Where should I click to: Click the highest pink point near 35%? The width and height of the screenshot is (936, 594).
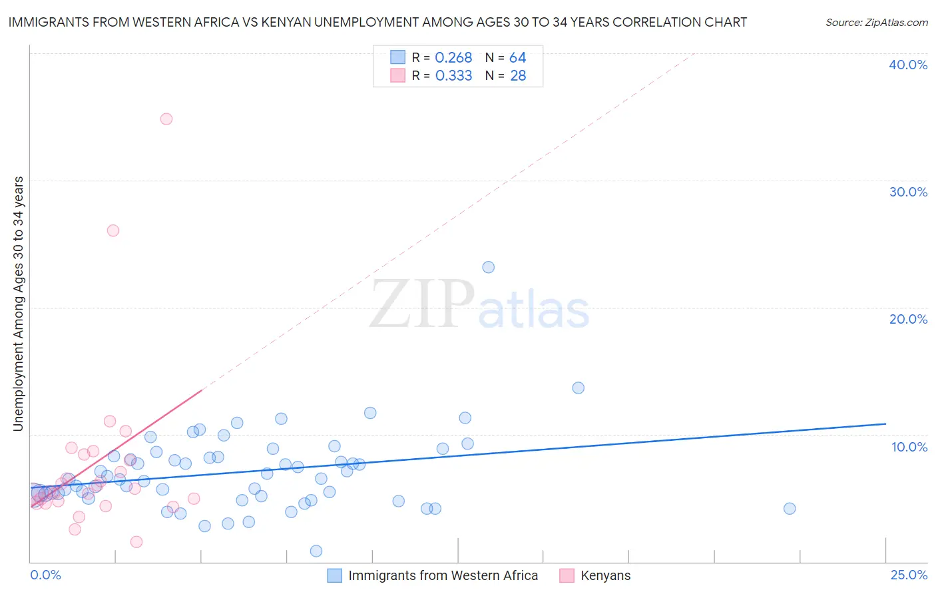pos(166,119)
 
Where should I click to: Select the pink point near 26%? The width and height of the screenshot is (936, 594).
pos(113,230)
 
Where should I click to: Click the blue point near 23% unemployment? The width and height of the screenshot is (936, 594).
pos(489,267)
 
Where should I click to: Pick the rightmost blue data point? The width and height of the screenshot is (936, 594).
pos(790,509)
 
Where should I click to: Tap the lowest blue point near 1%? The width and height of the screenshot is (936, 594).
pos(316,551)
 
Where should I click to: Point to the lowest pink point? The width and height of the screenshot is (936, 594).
pos(136,542)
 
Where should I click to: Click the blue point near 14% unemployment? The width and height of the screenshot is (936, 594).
pos(579,388)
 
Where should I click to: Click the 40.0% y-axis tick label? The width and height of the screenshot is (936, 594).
pos(908,65)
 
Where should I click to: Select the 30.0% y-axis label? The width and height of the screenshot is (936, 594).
pos(908,192)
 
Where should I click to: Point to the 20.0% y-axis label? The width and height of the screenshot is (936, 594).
pos(908,319)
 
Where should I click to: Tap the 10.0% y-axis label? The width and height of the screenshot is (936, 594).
pos(909,447)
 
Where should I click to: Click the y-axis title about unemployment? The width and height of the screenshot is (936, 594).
pos(19,304)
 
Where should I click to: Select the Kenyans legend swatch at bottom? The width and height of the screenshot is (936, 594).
pos(567,575)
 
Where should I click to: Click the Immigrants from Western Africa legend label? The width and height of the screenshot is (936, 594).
pos(443,575)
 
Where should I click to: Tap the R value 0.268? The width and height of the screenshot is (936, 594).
pos(453,58)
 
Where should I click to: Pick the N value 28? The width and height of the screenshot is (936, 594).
pos(518,76)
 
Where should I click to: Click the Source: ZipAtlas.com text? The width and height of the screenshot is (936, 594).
pos(877,23)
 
